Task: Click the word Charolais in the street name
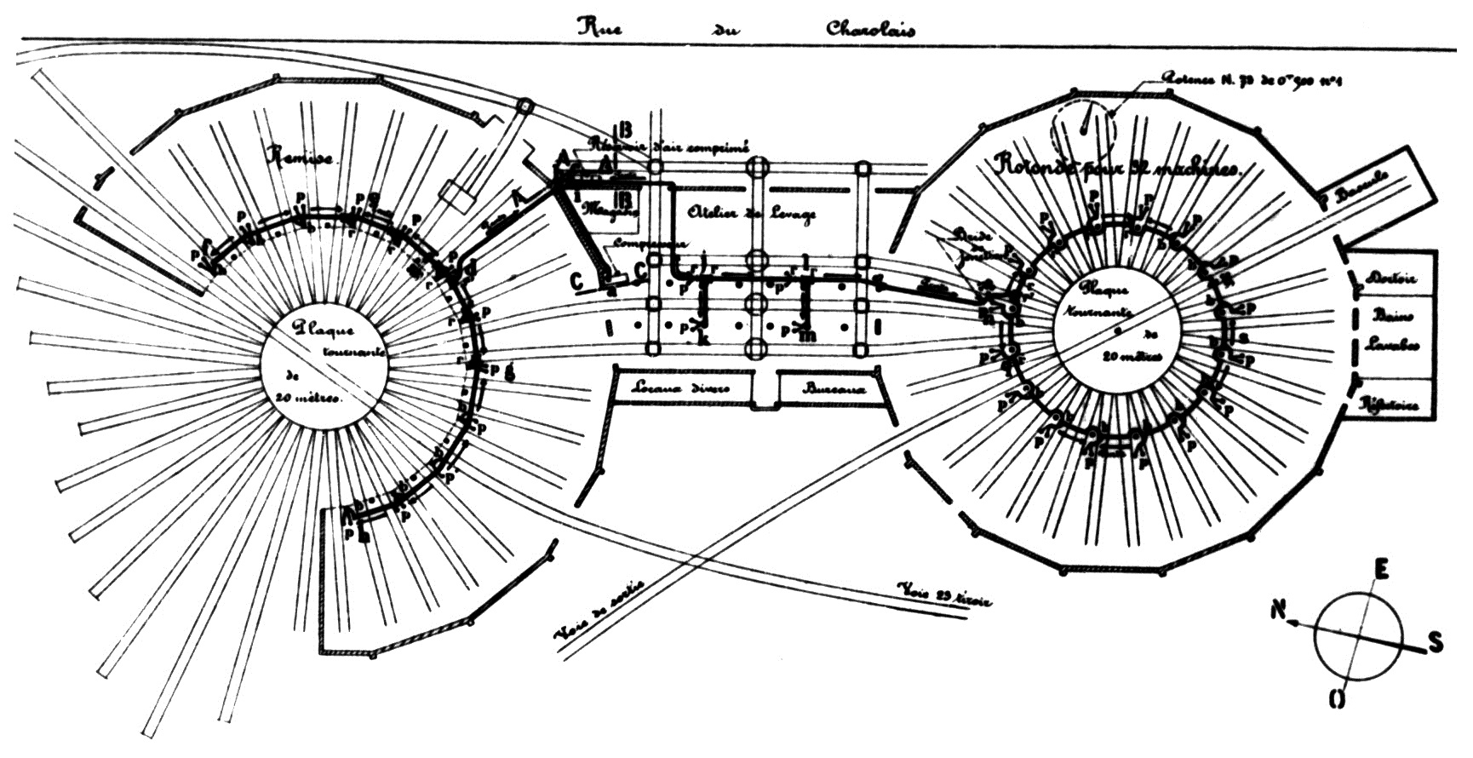tap(870, 28)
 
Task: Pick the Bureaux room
tap(834, 388)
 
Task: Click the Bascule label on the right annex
tap(1361, 186)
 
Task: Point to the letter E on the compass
tap(1381, 569)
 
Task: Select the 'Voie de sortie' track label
tap(599, 610)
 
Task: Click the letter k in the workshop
tap(703, 339)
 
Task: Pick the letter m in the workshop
tap(808, 335)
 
